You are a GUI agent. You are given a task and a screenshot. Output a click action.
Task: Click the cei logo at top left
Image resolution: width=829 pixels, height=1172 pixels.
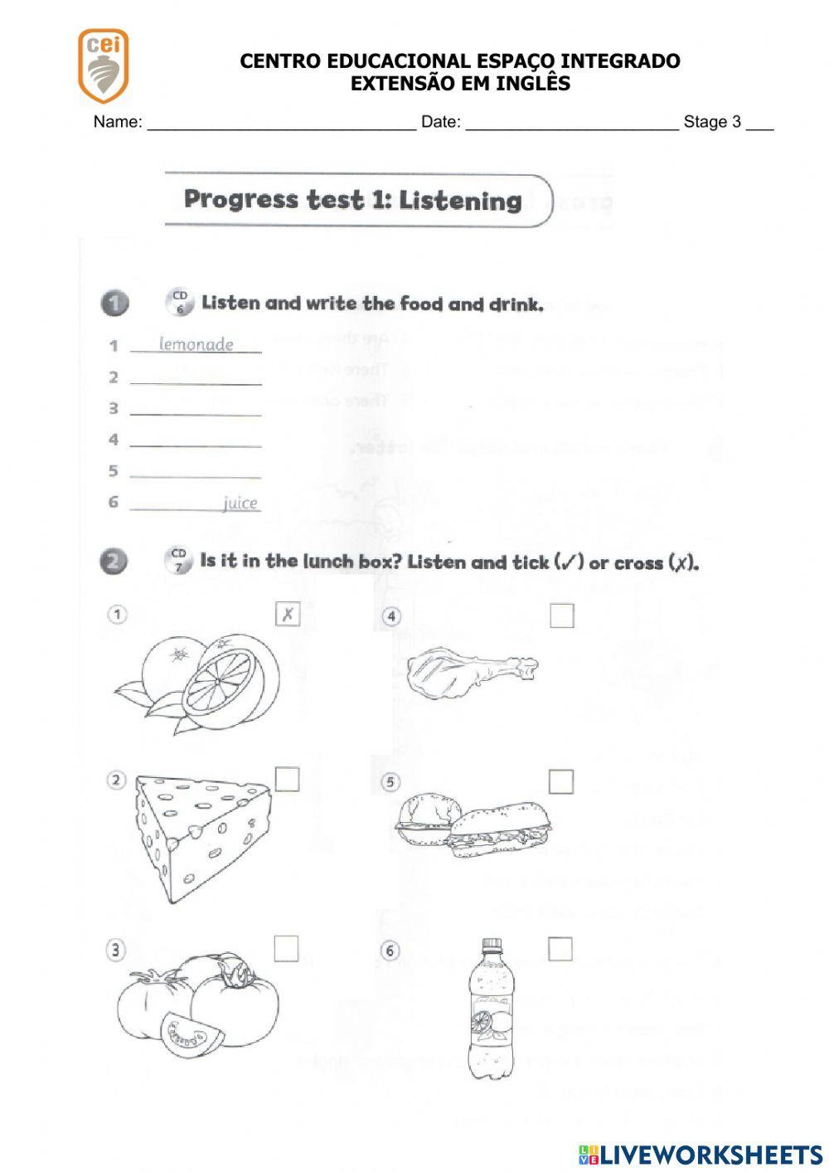tap(103, 64)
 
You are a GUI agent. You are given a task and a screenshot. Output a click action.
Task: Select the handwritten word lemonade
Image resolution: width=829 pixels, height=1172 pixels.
tap(196, 344)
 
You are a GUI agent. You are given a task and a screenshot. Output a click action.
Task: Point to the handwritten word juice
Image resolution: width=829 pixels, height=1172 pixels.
tap(240, 503)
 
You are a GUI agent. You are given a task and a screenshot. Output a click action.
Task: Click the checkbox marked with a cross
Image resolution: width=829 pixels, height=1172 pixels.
tap(287, 615)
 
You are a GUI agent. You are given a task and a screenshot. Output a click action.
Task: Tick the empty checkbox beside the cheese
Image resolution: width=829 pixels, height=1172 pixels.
tap(287, 780)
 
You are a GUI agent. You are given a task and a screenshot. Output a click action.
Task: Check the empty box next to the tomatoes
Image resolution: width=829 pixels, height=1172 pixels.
tap(286, 948)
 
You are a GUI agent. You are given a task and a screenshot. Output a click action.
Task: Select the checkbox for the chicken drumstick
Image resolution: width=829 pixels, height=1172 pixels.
tap(561, 615)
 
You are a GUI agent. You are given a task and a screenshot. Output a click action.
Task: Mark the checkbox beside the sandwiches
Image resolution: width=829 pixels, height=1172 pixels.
tap(561, 781)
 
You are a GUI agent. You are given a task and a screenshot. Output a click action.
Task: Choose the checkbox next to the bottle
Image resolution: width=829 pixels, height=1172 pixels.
tap(560, 949)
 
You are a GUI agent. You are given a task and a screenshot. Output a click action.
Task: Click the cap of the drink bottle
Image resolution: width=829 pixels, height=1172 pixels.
tap(492, 945)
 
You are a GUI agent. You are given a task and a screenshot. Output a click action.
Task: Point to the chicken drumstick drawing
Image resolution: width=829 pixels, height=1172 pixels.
tap(468, 672)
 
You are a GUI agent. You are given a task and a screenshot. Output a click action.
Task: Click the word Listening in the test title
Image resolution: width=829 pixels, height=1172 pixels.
tap(460, 201)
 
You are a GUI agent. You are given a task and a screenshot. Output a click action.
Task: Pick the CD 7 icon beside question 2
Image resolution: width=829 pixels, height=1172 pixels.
tap(178, 561)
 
